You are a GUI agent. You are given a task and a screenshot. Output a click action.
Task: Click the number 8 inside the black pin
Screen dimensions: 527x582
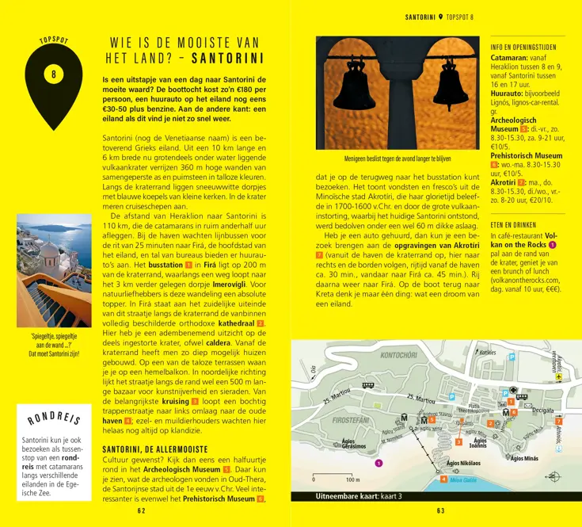click(53, 75)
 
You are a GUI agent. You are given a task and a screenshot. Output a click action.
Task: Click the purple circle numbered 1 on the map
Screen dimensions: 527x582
click(378, 463)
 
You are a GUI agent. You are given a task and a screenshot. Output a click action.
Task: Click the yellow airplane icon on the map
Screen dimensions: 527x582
click(558, 378)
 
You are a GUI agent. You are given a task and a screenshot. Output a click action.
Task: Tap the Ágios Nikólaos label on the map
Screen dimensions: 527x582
click(463, 462)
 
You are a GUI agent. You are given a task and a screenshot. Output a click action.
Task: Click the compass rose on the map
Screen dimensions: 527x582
click(551, 476)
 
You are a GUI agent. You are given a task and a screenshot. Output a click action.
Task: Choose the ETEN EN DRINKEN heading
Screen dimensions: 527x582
click(513, 226)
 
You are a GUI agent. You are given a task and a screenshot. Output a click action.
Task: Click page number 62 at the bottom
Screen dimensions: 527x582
click(141, 511)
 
